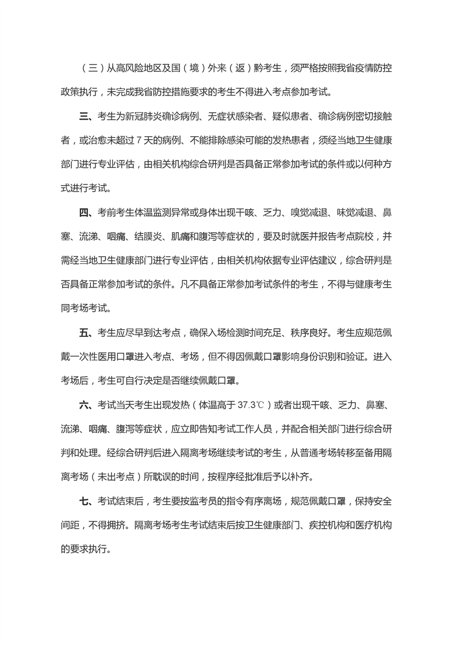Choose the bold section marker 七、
86,501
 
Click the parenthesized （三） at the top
91,70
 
